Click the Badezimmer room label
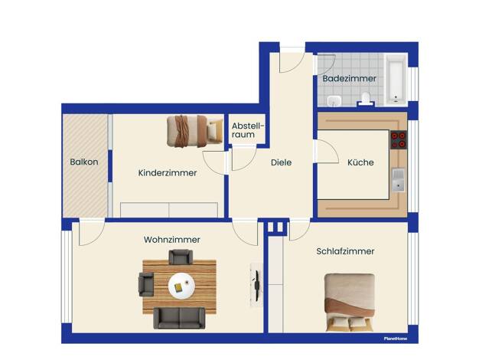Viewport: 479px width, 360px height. [x=349, y=78]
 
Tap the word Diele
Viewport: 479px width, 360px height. [x=281, y=162]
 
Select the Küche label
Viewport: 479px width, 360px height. [x=360, y=162]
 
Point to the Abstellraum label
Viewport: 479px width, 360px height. [x=247, y=130]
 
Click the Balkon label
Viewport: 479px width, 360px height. [x=84, y=162]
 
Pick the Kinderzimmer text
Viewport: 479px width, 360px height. [x=168, y=173]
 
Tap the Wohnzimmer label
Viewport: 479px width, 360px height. [x=172, y=240]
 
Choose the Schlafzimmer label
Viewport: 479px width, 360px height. [x=345, y=251]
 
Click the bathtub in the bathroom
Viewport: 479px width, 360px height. [x=396, y=80]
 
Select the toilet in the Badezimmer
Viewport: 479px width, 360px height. [x=366, y=100]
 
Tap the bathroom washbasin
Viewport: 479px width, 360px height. [x=334, y=100]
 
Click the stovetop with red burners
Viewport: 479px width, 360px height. [x=399, y=139]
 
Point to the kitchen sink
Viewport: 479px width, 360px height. [x=399, y=181]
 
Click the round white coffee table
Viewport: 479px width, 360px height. [x=181, y=286]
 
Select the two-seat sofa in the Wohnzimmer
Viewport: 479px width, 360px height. [x=179, y=318]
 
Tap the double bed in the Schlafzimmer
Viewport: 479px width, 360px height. [x=350, y=303]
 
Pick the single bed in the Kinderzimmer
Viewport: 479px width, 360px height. [x=195, y=131]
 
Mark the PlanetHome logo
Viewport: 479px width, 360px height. [x=396, y=339]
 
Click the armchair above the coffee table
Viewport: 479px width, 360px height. [x=181, y=257]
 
